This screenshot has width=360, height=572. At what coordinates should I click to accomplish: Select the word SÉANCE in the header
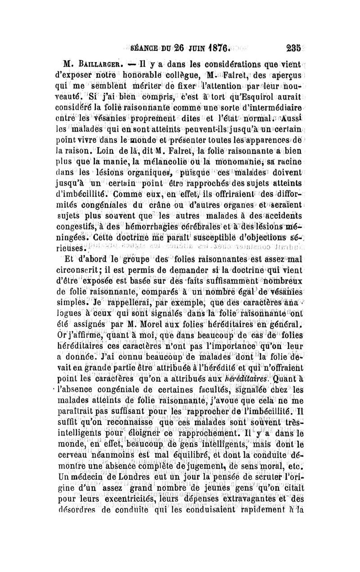[144, 46]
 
